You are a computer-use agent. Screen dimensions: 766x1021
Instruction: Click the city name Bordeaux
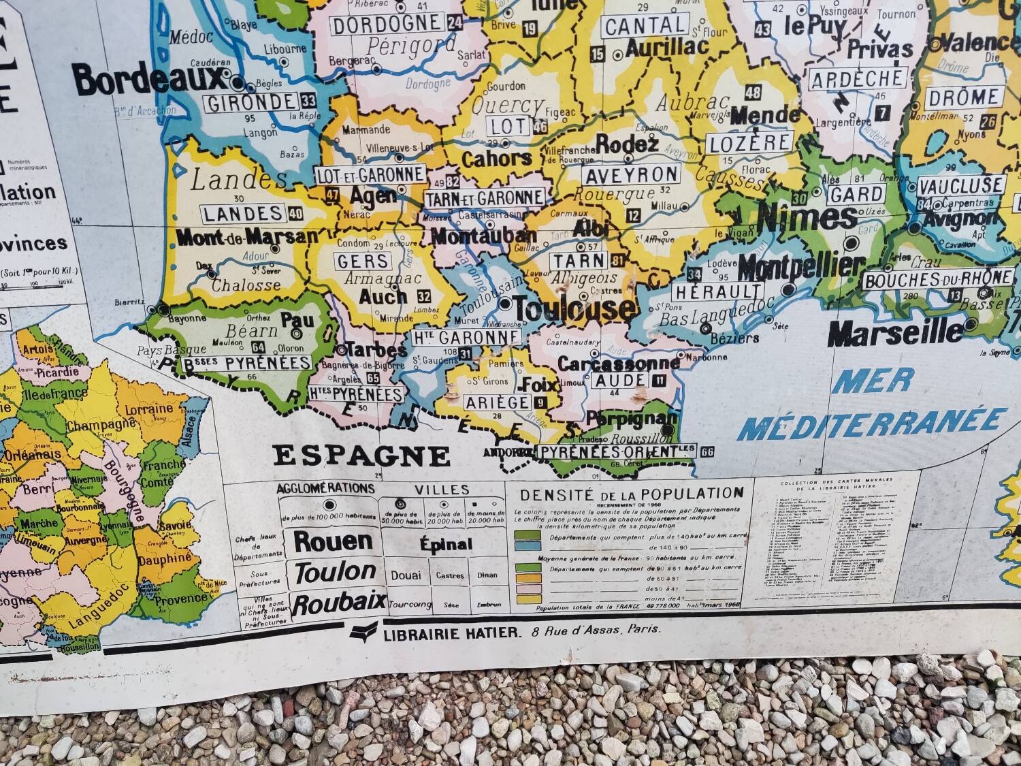(x=148, y=80)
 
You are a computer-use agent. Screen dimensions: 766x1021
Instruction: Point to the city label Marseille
(x=896, y=333)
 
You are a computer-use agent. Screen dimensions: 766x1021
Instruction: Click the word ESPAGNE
(x=361, y=456)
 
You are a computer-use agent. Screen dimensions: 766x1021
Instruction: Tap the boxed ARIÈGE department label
(x=498, y=402)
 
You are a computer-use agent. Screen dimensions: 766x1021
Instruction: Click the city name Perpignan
(x=632, y=417)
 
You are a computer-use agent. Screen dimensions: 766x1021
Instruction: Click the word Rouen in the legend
(x=333, y=541)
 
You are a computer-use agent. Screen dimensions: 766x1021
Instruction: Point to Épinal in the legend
(x=446, y=545)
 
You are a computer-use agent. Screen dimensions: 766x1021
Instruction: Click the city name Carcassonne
(x=619, y=363)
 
